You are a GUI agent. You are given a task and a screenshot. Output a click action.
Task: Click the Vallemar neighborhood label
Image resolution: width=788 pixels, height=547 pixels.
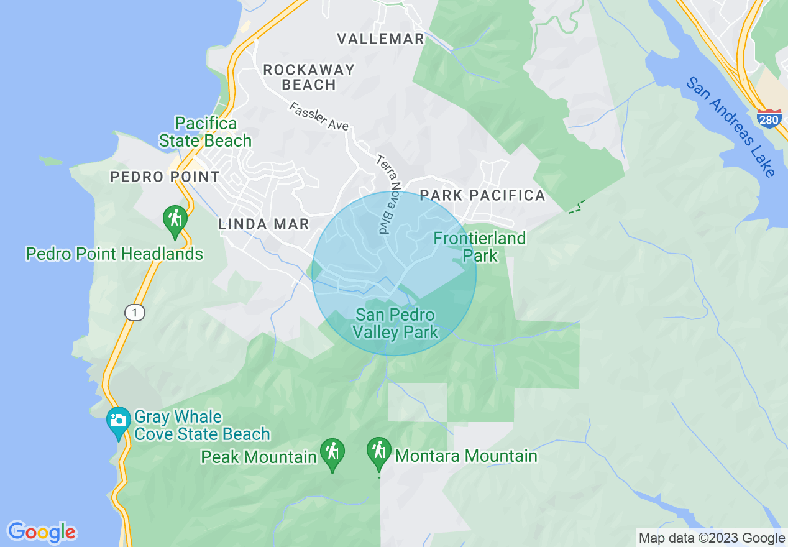pos(380,39)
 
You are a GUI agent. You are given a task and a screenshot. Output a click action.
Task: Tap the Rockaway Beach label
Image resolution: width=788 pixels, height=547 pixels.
pos(309,77)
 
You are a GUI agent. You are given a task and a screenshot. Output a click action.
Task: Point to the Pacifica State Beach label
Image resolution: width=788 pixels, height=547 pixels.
pos(205,132)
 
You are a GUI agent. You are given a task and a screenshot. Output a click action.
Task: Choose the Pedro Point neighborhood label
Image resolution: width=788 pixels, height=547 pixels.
pos(165,177)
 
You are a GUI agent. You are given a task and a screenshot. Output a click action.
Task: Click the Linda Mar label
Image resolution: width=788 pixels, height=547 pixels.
pos(264,224)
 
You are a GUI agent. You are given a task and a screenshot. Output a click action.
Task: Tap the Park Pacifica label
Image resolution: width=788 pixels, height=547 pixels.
pos(482,195)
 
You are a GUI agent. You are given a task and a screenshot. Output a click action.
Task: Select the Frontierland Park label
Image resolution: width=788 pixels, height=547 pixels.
pos(479,247)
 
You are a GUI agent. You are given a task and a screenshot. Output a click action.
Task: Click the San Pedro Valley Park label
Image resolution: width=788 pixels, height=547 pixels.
pos(395,324)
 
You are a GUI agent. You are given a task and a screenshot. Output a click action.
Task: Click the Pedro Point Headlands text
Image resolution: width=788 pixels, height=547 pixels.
pos(114,254)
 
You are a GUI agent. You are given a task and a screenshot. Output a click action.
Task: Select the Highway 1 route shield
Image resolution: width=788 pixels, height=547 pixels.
pos(134,313)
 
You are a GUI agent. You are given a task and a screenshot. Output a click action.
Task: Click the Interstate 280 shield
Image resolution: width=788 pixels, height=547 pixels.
pos(769,118)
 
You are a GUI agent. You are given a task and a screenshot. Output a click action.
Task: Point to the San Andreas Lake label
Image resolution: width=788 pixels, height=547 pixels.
pos(731,127)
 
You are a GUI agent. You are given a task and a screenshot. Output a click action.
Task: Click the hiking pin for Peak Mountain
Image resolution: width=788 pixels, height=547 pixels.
pos(332,454)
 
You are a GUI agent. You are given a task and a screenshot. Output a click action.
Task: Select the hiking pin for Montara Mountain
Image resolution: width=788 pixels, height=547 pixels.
pos(378,453)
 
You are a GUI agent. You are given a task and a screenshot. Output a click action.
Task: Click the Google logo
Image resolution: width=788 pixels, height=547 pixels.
pos(42,532)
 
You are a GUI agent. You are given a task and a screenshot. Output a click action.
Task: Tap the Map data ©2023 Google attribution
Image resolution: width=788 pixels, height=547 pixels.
pos(712,538)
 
